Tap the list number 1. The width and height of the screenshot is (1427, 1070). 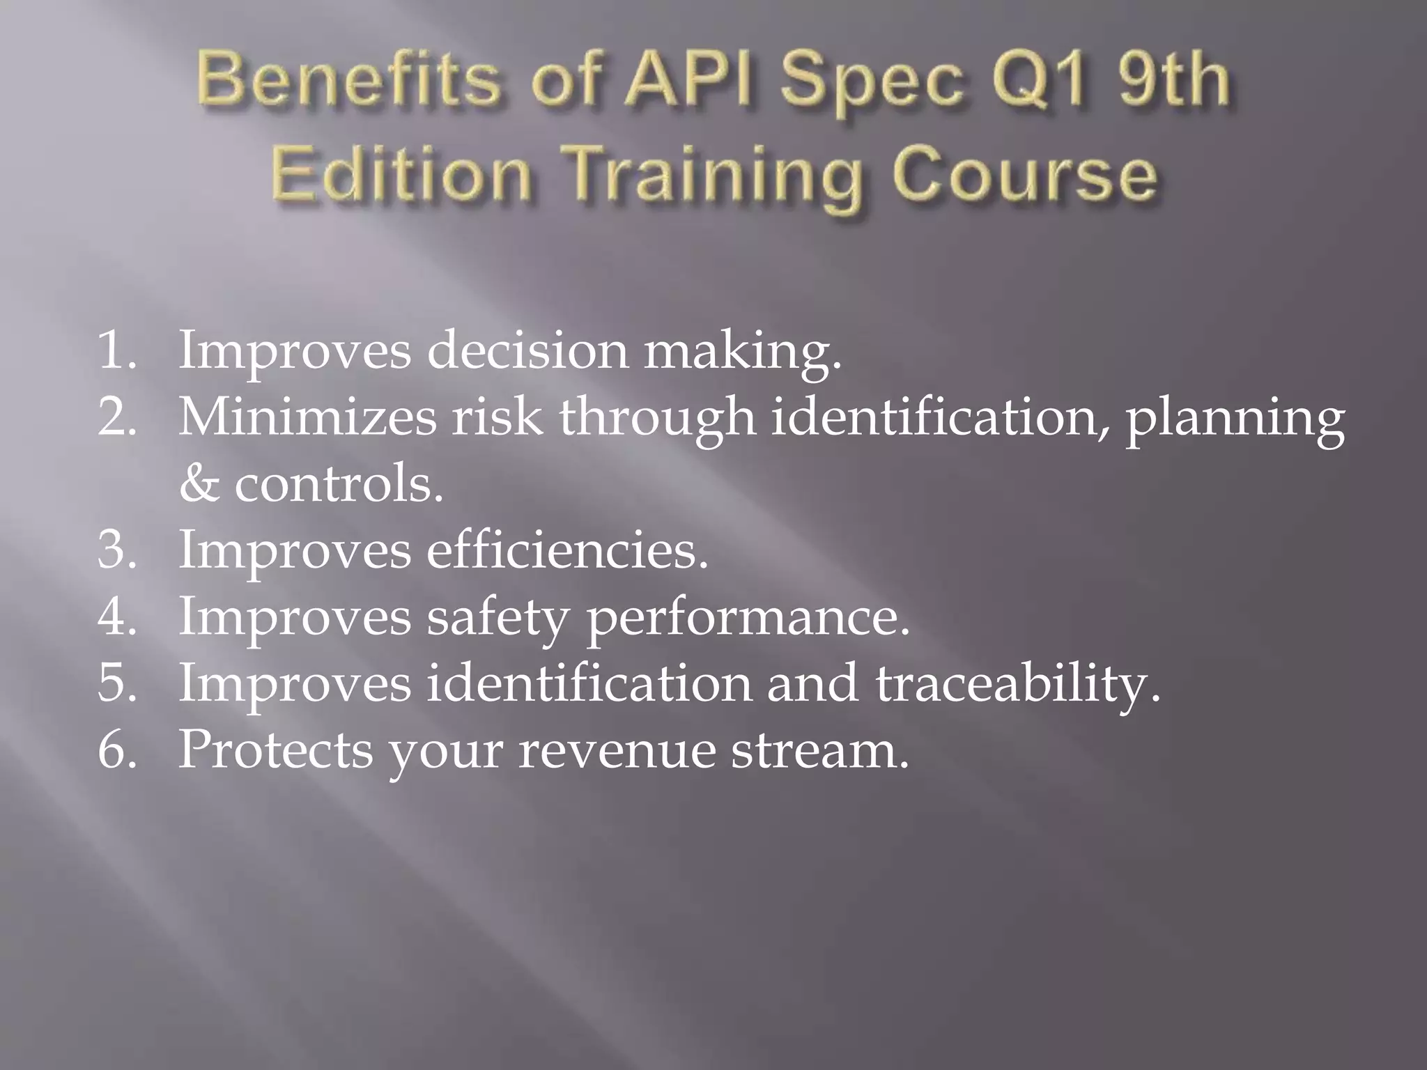coord(115,350)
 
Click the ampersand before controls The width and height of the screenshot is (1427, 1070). coord(198,483)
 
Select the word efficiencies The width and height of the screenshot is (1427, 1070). coord(566,550)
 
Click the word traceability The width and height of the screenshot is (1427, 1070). coord(1017,684)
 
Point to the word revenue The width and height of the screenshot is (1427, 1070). coord(616,751)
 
